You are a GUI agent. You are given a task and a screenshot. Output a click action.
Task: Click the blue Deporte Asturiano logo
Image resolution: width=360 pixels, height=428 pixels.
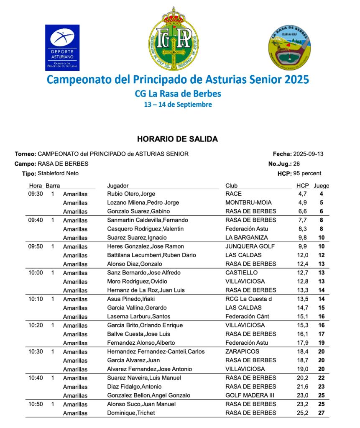coord(62,47)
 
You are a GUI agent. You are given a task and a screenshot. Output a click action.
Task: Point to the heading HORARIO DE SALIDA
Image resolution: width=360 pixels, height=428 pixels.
coord(177,138)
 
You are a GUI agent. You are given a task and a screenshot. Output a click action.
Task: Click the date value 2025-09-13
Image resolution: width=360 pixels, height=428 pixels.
coord(308,154)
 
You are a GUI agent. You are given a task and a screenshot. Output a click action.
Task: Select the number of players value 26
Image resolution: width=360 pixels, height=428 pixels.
coord(296,164)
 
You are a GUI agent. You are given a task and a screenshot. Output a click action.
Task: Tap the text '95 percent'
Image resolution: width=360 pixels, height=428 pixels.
coord(307,173)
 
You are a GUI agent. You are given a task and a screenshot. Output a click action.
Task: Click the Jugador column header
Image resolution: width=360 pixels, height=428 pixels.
coord(118,186)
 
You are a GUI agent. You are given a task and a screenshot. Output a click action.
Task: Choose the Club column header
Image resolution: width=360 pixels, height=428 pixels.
coord(231,186)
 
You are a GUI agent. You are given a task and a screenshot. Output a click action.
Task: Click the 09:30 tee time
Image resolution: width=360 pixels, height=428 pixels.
coord(36,194)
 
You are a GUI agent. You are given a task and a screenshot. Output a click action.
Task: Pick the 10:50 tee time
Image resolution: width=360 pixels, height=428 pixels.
coord(36,404)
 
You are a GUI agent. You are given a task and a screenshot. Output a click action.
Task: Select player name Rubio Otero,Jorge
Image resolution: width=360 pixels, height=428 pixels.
coord(131,194)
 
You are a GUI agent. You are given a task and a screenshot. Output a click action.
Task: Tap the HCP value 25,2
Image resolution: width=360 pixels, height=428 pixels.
coord(303,413)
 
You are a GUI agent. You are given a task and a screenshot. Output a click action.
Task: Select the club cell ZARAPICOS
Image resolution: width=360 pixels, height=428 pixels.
coord(242,351)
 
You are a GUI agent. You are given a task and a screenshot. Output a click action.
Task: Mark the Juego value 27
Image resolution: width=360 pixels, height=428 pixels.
coord(321,413)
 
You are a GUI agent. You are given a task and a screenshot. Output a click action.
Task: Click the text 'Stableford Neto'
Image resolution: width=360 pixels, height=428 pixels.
coord(58,173)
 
